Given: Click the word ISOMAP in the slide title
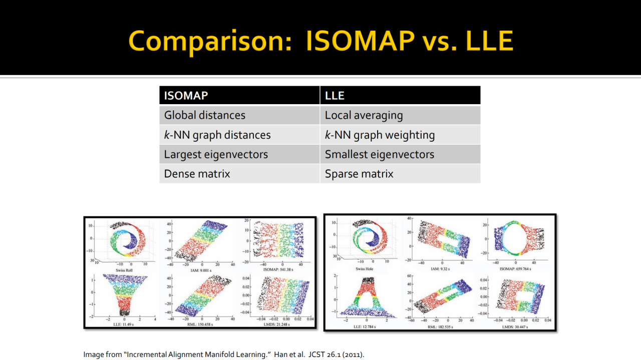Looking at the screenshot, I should click(x=358, y=41).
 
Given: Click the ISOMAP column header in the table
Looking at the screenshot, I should click(x=186, y=96).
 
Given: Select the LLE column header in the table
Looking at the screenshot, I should click(x=335, y=96).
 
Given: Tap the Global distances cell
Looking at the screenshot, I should click(x=205, y=115).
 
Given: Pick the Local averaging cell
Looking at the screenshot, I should click(x=364, y=115).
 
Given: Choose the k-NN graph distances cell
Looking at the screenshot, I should click(x=217, y=135).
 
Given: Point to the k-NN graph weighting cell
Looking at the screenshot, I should click(x=380, y=135).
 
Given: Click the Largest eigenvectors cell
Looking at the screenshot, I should click(x=216, y=154).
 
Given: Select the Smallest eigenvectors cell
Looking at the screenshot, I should click(x=380, y=154).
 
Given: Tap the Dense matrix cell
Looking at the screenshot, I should click(x=197, y=174).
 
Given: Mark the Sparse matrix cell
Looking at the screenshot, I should click(x=359, y=174).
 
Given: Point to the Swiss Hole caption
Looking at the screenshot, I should click(x=364, y=269).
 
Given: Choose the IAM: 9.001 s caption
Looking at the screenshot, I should click(x=201, y=269).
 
